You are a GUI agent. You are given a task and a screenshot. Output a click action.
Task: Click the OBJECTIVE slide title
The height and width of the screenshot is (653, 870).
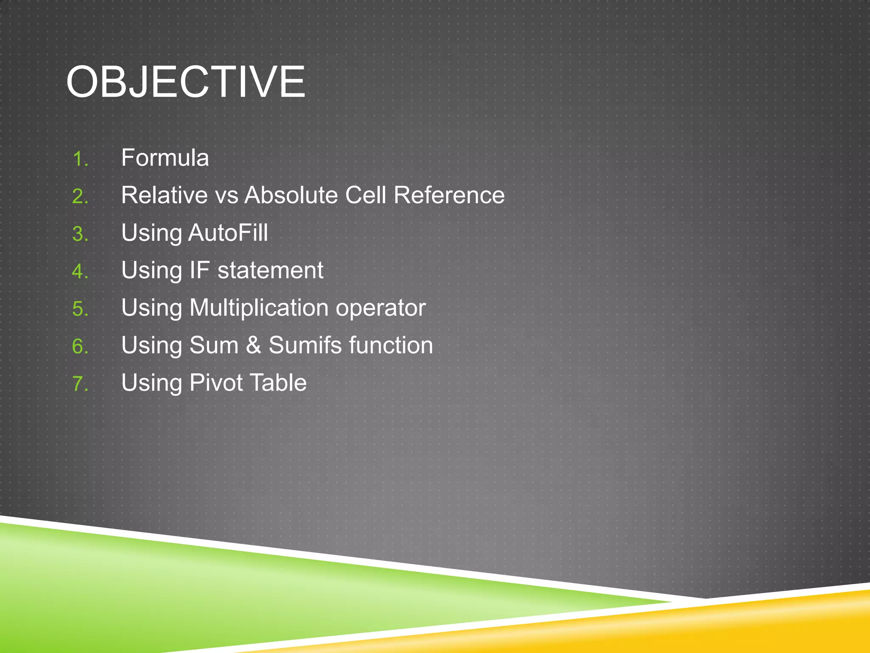186,82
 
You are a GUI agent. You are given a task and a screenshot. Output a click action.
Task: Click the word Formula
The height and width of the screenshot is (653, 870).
165,158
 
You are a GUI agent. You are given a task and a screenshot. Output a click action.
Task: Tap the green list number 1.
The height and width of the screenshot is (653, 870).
80,159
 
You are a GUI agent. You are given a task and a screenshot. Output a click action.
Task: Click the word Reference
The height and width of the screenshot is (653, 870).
449,196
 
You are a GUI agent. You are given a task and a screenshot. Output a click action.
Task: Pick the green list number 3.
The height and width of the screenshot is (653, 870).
80,234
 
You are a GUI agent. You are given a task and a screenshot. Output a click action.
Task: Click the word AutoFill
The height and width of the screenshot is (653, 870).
228,233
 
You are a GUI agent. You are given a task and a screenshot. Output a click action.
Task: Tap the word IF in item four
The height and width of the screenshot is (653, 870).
200,270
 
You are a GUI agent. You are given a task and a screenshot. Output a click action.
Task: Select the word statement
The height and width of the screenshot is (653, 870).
271,271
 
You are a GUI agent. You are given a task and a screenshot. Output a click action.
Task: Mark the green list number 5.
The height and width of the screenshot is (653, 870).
80,309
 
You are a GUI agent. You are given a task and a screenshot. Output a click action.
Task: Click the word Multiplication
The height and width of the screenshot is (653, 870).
259,308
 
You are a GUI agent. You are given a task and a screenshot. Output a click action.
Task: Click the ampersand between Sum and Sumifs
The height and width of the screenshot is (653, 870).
254,345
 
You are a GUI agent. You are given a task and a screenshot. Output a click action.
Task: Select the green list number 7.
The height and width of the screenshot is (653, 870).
80,384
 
